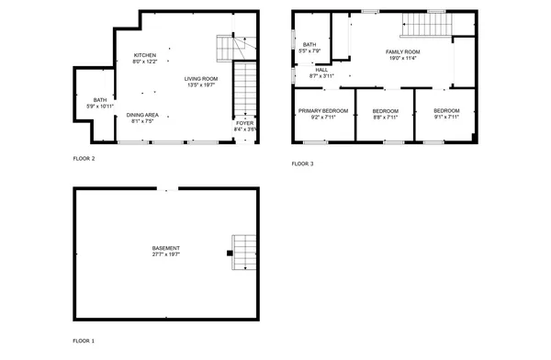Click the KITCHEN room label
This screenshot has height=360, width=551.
pyautogui.click(x=145, y=56)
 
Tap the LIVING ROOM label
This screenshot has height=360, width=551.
pyautogui.click(x=200, y=79)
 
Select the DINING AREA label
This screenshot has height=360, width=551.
pyautogui.click(x=142, y=114)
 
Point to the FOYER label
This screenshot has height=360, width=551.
pyautogui.click(x=244, y=123)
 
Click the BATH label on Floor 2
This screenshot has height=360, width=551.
pyautogui.click(x=98, y=100)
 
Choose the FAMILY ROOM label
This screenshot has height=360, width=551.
pyautogui.click(x=402, y=51)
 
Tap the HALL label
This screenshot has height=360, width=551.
pyautogui.click(x=321, y=69)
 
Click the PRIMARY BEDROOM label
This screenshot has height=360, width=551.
pyautogui.click(x=322, y=110)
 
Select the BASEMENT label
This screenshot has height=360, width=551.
pyautogui.click(x=166, y=249)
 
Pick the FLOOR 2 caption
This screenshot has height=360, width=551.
pyautogui.click(x=84, y=158)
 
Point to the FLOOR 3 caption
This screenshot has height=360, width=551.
pyautogui.click(x=302, y=163)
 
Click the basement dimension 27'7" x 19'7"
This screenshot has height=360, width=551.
pyautogui.click(x=166, y=255)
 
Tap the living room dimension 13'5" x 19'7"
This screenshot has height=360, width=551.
pyautogui.click(x=200, y=85)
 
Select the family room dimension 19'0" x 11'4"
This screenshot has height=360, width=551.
pyautogui.click(x=402, y=58)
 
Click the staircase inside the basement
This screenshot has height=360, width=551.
pyautogui.click(x=244, y=252)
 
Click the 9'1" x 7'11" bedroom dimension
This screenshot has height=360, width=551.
pyautogui.click(x=446, y=117)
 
